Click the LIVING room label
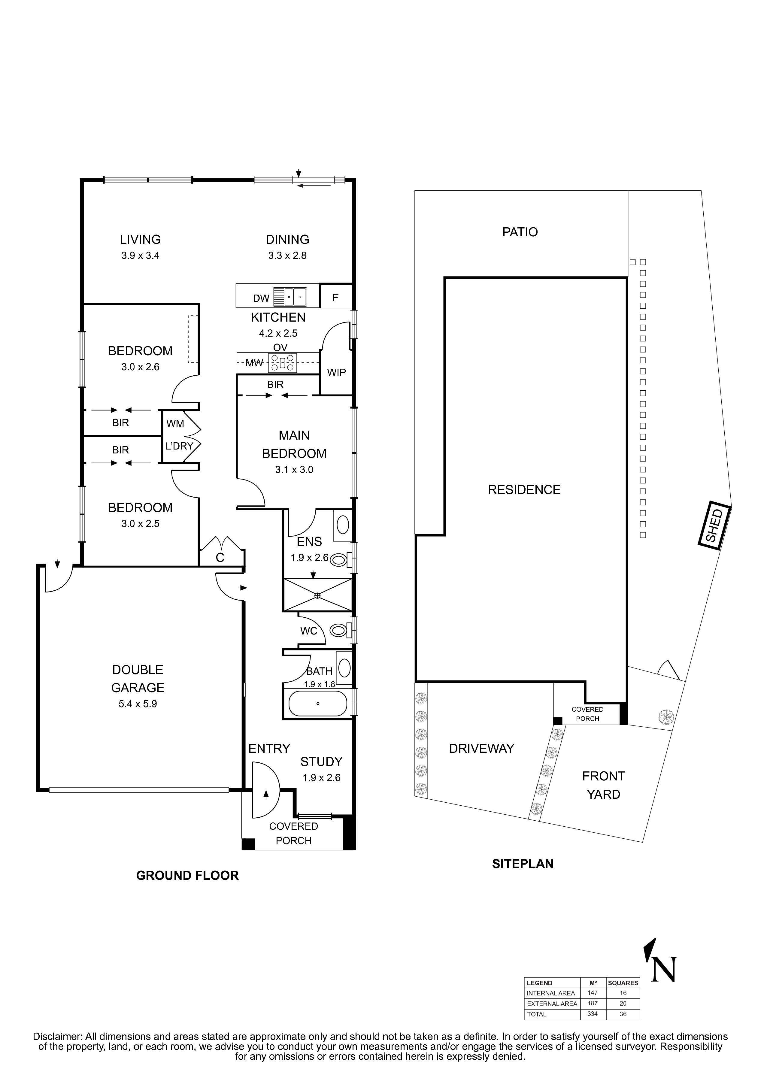point(140,239)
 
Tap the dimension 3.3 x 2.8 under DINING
point(287,256)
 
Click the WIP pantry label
point(336,372)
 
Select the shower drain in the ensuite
point(317,595)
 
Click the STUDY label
point(321,761)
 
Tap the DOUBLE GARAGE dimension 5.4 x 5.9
point(138,704)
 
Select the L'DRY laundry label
point(179,446)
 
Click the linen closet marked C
point(220,557)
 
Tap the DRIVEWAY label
point(481,748)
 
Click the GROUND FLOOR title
point(187,875)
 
